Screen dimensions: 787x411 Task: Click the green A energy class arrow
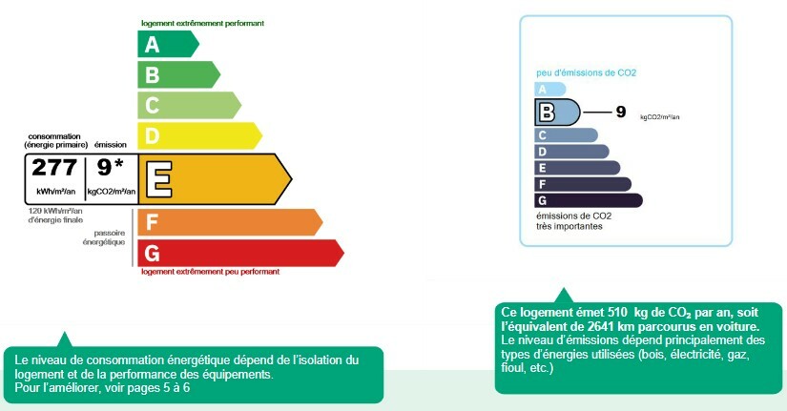point(168,44)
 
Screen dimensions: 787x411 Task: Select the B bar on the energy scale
point(178,74)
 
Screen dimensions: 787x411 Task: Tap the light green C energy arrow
point(189,106)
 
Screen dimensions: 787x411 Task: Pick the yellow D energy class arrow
point(199,135)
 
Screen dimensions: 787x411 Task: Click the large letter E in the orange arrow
point(158,179)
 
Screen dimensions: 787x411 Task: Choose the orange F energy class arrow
point(230,222)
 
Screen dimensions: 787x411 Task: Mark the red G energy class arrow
point(241,253)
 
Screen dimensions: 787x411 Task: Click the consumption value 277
point(54,168)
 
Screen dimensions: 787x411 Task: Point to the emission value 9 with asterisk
point(111,167)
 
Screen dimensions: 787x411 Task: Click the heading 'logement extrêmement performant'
point(202,23)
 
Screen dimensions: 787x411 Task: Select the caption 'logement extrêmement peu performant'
point(210,272)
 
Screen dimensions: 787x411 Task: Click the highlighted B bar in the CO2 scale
point(557,112)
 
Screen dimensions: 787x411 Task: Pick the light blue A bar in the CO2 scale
point(550,90)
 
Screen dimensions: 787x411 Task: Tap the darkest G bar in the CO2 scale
point(589,200)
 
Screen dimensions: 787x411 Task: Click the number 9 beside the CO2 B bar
point(621,112)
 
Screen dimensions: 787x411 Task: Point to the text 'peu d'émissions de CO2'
point(586,72)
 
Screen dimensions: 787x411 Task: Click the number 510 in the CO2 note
point(617,312)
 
